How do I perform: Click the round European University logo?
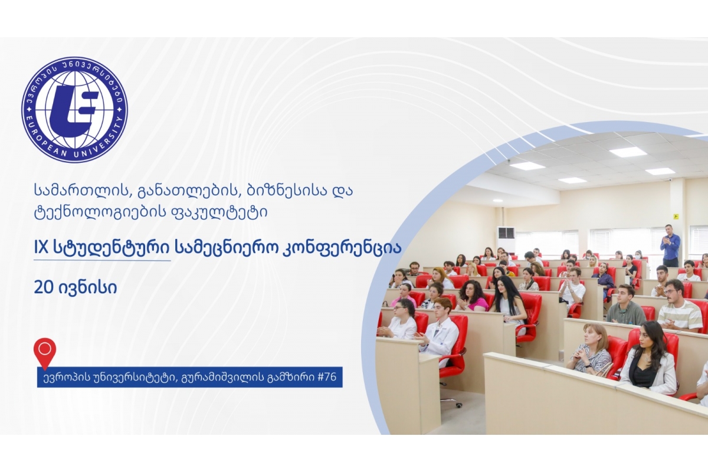coord(74,110)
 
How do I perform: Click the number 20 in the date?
coord(44,287)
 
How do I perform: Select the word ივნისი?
coord(87,288)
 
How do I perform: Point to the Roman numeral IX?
coord(41,248)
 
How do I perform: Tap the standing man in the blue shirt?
coord(670,245)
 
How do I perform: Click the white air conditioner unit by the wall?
coord(506,240)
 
